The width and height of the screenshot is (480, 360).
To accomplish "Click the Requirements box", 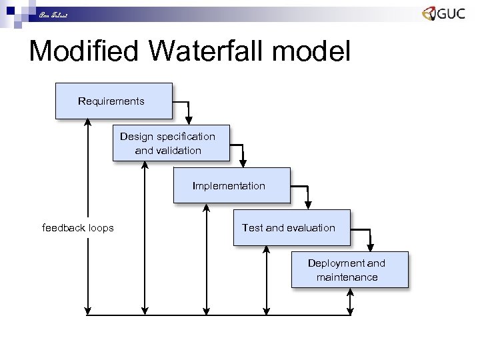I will (x=113, y=101).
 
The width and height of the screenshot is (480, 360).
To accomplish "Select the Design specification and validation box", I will (x=171, y=143).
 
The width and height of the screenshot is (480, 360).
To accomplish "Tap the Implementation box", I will (x=231, y=185).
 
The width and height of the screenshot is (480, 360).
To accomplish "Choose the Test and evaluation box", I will (x=291, y=227).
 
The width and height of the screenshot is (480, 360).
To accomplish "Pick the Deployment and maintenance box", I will (x=349, y=269).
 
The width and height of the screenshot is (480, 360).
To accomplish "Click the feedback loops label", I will (x=78, y=228).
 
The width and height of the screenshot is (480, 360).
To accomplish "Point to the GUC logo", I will (x=443, y=14).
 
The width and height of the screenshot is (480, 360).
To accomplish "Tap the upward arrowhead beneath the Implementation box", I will (x=207, y=207).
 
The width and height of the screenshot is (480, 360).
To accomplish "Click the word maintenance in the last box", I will (x=347, y=277).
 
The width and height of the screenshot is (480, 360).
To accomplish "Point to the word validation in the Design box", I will (x=168, y=151).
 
